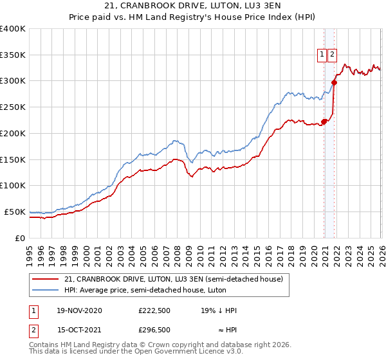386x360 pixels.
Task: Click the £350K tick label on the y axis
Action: coord(13,55)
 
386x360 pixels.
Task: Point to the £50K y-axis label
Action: coord(15,212)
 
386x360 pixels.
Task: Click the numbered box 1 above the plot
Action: coord(321,55)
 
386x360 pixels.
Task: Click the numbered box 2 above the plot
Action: coord(332,55)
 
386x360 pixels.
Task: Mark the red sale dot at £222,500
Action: coord(324,121)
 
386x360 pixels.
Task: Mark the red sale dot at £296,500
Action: coord(335,82)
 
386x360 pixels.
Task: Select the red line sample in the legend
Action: coord(45,280)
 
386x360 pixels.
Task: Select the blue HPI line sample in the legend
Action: coord(45,291)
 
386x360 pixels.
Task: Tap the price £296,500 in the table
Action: coord(155,330)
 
